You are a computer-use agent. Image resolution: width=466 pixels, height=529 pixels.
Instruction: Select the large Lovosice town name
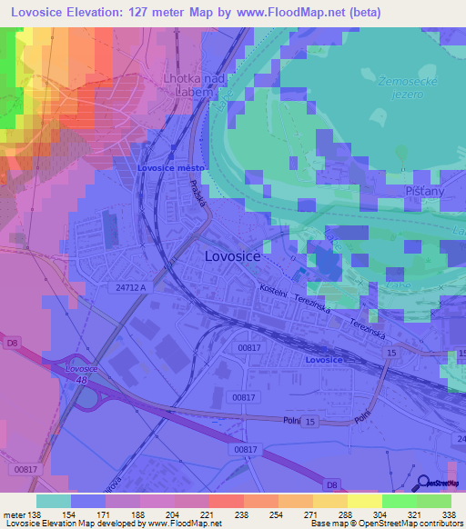[232, 257]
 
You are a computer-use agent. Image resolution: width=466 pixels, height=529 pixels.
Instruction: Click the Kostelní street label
[274, 291]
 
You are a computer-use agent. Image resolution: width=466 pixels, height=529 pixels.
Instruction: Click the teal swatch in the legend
[53, 501]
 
